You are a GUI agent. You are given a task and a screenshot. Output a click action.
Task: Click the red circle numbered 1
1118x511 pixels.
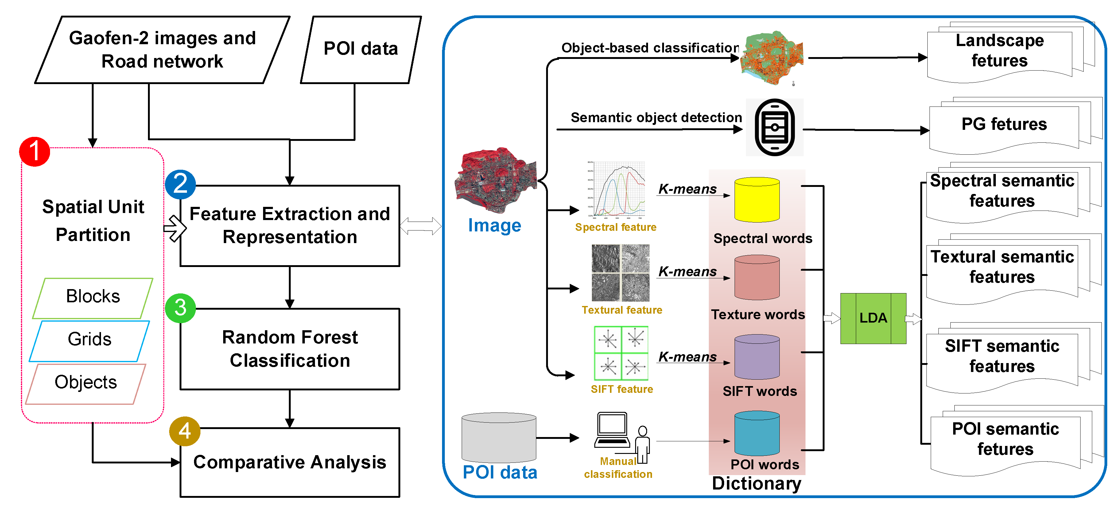34,151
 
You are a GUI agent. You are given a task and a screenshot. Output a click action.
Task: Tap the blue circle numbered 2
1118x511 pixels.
180,184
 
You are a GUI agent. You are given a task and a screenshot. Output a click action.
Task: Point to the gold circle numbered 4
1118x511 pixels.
184,431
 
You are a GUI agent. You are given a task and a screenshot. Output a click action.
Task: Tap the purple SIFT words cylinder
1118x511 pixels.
757,357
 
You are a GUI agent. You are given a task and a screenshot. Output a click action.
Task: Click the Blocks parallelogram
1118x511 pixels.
92,298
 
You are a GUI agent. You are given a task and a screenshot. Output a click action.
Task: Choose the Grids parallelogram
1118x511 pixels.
89,341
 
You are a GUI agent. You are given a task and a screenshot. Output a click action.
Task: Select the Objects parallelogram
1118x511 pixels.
86,383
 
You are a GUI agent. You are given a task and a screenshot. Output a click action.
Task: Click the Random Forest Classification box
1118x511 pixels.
289,349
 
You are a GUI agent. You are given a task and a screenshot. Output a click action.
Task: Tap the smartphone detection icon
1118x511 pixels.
775,127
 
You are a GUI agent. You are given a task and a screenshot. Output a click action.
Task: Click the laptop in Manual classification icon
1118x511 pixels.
612,429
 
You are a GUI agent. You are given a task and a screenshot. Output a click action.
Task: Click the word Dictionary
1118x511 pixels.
756,483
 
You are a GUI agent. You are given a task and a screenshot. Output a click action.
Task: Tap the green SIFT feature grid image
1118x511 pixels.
621,353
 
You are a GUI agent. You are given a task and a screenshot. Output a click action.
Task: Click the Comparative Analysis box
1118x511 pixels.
289,463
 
